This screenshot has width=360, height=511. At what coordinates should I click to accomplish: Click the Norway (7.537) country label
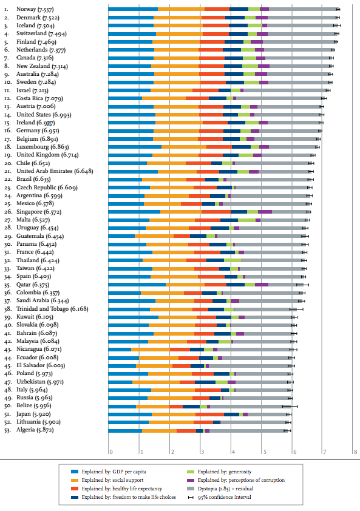[35, 10]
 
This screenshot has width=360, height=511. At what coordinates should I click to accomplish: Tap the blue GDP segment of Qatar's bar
[137, 285]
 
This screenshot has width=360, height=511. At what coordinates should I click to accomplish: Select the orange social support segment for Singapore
[181, 212]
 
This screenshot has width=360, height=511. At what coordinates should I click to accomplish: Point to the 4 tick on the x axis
[233, 452]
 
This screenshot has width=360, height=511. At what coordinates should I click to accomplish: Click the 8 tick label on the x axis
[355, 452]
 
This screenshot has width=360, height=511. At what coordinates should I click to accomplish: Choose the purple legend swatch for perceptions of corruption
[191, 480]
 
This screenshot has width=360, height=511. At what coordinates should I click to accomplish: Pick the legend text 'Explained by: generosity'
[225, 472]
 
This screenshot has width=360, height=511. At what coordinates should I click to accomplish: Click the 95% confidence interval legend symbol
[191, 497]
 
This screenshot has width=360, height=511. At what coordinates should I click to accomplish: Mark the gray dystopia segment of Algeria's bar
[246, 430]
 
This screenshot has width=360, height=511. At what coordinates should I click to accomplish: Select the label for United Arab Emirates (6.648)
[55, 171]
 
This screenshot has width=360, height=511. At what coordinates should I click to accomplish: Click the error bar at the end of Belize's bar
[290, 406]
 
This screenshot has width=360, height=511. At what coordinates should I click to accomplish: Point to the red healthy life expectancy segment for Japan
[209, 415]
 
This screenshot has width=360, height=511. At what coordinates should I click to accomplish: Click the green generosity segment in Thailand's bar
[233, 260]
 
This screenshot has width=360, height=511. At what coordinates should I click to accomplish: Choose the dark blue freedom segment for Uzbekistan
[205, 382]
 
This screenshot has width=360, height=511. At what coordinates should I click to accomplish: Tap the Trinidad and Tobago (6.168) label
[52, 309]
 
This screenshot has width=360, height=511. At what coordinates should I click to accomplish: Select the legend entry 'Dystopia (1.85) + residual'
[226, 489]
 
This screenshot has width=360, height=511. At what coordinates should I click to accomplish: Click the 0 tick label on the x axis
[111, 452]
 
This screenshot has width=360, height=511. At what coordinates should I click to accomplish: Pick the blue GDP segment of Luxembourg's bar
[135, 147]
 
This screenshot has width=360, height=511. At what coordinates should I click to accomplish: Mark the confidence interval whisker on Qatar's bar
[302, 285]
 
